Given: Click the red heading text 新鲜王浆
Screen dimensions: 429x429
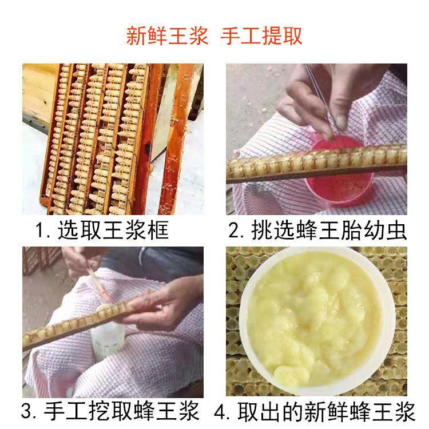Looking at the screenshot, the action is (167, 36).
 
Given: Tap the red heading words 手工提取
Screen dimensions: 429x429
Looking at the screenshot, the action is (261, 36).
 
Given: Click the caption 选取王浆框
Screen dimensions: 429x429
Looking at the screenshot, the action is (113, 230).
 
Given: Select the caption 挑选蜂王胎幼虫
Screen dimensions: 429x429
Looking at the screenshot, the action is (329, 230).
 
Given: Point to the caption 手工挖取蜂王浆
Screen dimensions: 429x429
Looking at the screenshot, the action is (121, 411).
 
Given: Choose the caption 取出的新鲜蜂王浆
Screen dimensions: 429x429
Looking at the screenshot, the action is (327, 411).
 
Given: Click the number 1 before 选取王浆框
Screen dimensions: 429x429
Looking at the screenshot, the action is (40, 231).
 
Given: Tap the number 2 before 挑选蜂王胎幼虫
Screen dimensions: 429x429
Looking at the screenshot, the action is (234, 231).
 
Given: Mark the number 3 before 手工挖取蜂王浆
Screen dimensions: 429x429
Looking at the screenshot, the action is (27, 411).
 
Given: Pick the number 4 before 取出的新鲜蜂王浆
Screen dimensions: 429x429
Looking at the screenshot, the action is (220, 411).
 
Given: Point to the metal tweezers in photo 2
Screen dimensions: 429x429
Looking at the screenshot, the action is (320, 98).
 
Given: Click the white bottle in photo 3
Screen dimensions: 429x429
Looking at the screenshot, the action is (108, 339).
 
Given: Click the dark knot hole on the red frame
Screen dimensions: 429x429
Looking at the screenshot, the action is (147, 148).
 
